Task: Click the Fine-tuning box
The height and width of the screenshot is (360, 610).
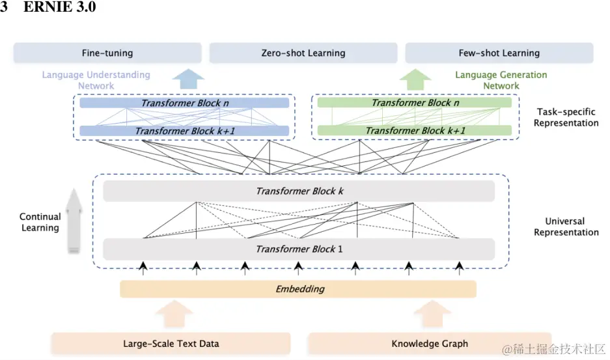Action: click(107, 53)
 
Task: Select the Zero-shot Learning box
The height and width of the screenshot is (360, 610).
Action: click(303, 53)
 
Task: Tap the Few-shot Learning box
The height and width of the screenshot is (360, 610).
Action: click(499, 53)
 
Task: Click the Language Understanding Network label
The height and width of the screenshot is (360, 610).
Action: click(96, 80)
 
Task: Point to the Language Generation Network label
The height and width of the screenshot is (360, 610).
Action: click(501, 80)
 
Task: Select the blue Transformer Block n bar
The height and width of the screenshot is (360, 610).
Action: click(184, 103)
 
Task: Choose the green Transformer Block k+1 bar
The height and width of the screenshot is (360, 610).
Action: click(414, 131)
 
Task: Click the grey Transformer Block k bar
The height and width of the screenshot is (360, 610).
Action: click(299, 191)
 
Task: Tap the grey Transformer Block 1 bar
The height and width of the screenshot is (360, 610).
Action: click(299, 249)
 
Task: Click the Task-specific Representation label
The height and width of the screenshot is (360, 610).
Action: click(566, 117)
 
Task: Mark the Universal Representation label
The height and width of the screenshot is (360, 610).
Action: click(566, 227)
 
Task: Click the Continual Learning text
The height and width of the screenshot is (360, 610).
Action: click(40, 222)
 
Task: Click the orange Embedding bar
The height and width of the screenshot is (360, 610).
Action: click(298, 289)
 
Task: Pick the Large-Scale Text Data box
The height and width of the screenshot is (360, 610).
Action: click(171, 343)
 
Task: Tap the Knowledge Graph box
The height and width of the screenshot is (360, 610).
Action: click(430, 343)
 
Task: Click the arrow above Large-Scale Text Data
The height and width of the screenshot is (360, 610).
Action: click(174, 314)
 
